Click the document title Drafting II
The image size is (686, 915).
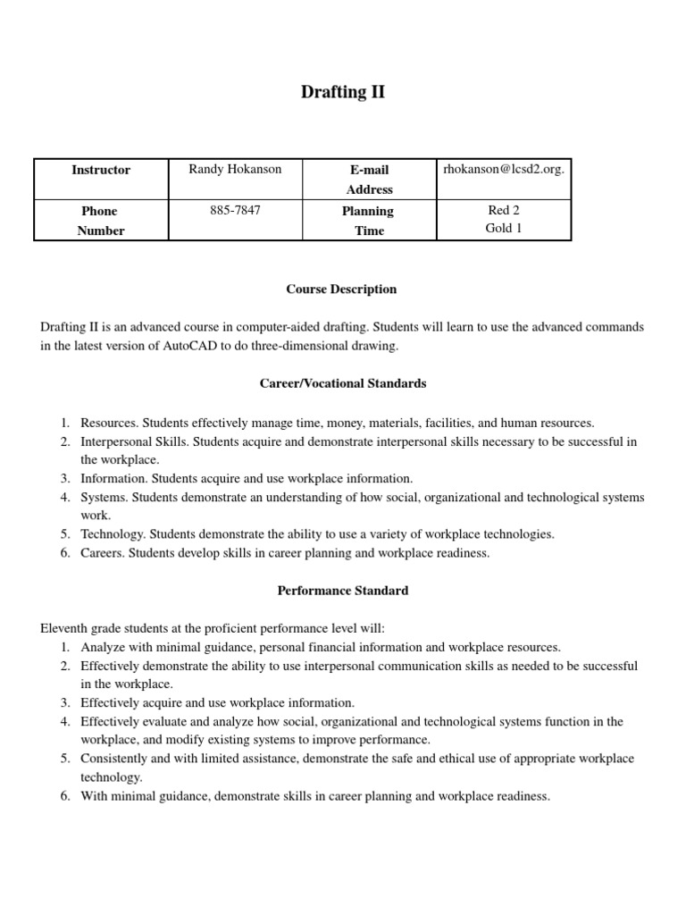point(343,92)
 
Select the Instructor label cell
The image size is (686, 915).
point(101,170)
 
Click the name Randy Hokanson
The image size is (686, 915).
point(235,170)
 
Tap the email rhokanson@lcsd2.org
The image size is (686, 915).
point(504,169)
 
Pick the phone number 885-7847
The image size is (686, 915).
point(235,210)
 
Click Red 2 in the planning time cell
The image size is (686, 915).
point(504,210)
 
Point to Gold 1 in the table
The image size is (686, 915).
point(504,229)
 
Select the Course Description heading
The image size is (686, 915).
point(342,290)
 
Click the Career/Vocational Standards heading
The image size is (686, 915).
point(342,383)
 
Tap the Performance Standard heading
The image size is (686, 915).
point(342,591)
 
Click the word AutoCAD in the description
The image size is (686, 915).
point(189,347)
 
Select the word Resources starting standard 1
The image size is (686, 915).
point(108,423)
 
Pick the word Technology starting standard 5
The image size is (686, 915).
point(112,534)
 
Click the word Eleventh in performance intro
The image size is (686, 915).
point(64,628)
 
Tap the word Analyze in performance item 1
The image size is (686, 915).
point(102,647)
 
